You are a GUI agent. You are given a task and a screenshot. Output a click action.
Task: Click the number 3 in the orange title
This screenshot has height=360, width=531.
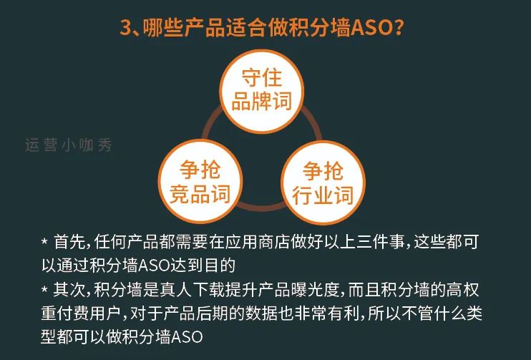125,29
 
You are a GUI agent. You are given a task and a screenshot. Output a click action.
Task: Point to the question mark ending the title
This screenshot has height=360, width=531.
406,29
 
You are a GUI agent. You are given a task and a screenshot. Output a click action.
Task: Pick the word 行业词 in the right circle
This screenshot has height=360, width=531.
323,195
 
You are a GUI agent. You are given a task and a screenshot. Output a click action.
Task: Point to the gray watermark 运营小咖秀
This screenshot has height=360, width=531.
68,144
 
